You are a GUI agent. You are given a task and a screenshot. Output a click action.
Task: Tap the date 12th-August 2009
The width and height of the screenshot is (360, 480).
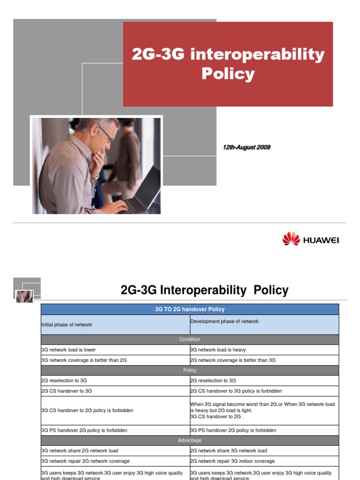tap(247, 147)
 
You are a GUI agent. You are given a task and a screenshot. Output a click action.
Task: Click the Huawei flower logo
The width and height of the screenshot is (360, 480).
tap(291, 239)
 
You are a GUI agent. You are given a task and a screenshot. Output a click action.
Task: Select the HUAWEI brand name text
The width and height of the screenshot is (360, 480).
tap(321, 240)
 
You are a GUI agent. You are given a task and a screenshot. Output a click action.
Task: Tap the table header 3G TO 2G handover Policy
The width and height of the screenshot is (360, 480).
tap(189, 309)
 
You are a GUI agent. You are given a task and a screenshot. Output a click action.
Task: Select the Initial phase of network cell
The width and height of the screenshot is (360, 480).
tap(67, 325)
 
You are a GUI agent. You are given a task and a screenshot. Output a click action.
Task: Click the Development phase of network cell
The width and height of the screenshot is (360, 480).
tap(225, 322)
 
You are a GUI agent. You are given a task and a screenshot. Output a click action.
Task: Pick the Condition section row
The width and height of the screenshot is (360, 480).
tap(189, 339)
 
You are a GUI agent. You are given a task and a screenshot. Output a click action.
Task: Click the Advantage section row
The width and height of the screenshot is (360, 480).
tap(189, 441)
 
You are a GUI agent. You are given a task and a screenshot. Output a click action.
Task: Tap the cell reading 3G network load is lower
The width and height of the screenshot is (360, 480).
tap(68, 350)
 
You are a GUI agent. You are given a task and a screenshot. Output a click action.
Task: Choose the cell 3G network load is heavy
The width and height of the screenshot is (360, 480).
tap(218, 350)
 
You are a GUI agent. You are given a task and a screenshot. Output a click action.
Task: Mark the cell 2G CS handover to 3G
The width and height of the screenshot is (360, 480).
tap(67, 391)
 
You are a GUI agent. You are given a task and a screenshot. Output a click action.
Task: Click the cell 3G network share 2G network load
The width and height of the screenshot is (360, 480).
tap(80, 451)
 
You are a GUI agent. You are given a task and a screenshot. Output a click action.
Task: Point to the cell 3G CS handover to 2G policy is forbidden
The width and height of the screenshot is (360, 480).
tap(87, 411)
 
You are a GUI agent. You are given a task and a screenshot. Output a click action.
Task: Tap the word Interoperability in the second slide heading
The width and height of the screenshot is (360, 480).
tap(203, 291)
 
